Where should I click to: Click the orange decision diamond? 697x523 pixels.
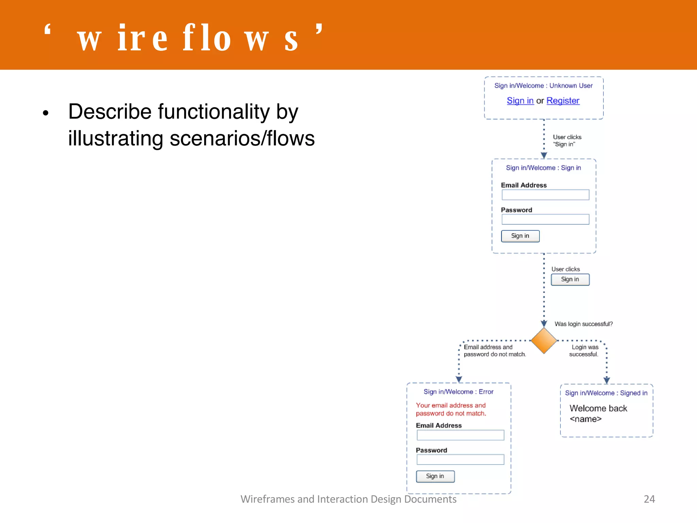[544, 340]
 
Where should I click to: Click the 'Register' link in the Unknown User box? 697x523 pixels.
[563, 101]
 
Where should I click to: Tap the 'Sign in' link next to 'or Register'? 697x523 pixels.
[520, 101]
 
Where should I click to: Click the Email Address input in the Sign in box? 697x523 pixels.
[545, 195]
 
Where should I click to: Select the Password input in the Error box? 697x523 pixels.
[460, 460]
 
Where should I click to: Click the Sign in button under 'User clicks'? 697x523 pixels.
[570, 280]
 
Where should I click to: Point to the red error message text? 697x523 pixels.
[451, 409]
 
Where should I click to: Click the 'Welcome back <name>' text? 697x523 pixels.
[598, 413]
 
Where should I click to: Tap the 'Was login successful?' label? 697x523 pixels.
[583, 324]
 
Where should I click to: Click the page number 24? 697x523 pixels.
[649, 499]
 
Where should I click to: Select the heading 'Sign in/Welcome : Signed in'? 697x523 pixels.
[606, 393]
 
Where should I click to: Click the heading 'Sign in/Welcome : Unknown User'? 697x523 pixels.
[544, 86]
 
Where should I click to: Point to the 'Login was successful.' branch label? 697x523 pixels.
[584, 351]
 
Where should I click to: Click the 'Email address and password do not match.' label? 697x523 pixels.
[495, 351]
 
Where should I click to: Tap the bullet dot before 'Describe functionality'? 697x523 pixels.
[46, 113]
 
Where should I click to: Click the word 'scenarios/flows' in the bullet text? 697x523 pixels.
[242, 139]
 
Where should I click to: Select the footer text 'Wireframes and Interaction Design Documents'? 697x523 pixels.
[348, 499]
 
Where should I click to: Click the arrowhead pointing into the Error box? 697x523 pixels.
[459, 379]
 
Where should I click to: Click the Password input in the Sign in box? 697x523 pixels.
[545, 219]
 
